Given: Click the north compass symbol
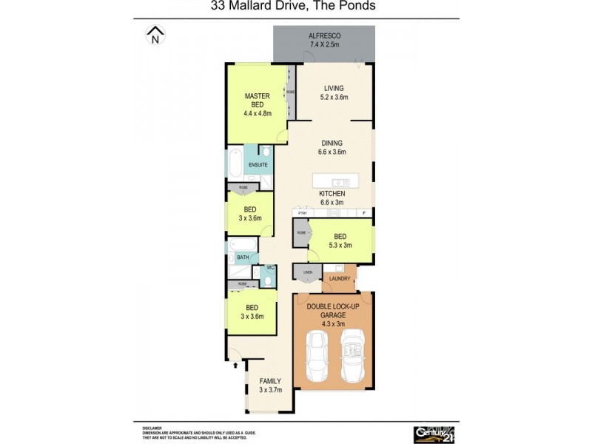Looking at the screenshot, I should click(x=155, y=34).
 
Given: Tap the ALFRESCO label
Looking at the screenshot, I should click(x=323, y=36).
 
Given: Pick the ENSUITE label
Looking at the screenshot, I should click(x=258, y=164).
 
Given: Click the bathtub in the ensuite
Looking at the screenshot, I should click(x=235, y=163).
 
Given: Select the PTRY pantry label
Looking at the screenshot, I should click(x=301, y=213).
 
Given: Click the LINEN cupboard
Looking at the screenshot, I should click(x=307, y=273).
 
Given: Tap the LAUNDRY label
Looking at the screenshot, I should click(x=340, y=279).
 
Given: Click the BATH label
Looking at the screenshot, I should click(x=242, y=258).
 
